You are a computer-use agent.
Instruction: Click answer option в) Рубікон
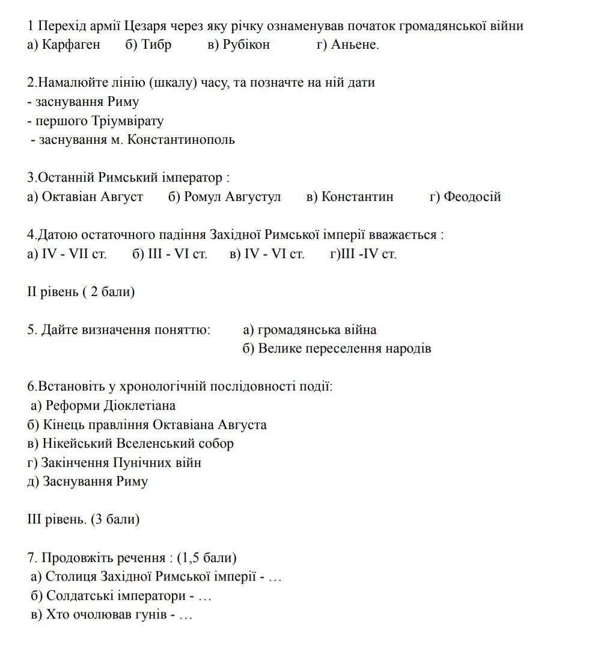tap(239, 45)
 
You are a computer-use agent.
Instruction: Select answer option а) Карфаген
tap(64, 45)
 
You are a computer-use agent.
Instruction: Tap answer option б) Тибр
tap(148, 45)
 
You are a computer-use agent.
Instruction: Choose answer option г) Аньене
tap(347, 45)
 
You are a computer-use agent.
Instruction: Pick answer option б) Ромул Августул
tap(224, 197)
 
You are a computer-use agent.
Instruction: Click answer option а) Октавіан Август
tap(85, 197)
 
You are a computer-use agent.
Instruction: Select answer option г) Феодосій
tap(465, 197)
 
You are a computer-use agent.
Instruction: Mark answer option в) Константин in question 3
tap(350, 197)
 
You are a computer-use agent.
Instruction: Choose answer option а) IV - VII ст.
tap(67, 254)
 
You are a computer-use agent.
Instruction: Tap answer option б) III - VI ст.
tap(169, 254)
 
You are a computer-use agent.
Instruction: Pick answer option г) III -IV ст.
tap(363, 254)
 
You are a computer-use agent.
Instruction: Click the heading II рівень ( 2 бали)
tap(81, 292)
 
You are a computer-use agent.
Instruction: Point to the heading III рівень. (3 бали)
tap(83, 519)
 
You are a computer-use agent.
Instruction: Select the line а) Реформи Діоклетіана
tap(103, 406)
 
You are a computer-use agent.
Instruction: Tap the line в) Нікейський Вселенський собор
tap(130, 443)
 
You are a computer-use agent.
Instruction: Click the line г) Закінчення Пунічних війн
tap(114, 463)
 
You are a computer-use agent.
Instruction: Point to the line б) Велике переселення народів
tap(337, 349)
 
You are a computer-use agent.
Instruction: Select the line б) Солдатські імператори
tap(120, 596)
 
